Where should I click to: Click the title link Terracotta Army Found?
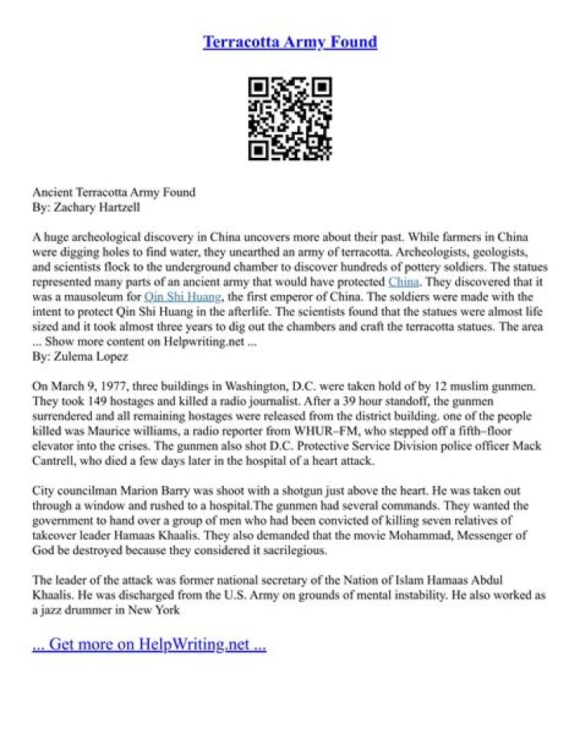[290, 41]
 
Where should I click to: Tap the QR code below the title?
[290, 118]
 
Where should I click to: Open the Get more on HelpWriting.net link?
[149, 644]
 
